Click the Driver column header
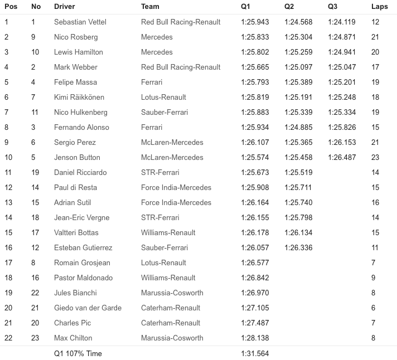pos(64,7)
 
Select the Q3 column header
pos(333,7)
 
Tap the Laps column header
pos(380,7)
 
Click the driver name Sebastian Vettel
pos(80,22)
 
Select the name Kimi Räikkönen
pos(79,97)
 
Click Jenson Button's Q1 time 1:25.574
pos(255,157)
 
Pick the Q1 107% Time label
pos(78,353)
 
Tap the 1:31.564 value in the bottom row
pos(255,353)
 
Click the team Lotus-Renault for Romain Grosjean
pos(163,262)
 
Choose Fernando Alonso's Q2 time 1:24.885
pos(298,127)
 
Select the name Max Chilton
pos(73,338)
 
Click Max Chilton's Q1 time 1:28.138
pos(255,338)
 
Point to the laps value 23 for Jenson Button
pos(375,157)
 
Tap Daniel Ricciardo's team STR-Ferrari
pos(160,172)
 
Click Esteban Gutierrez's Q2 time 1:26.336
pos(298,247)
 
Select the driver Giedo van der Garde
pos(88,308)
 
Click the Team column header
pos(150,7)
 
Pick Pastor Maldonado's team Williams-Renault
pos(168,278)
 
